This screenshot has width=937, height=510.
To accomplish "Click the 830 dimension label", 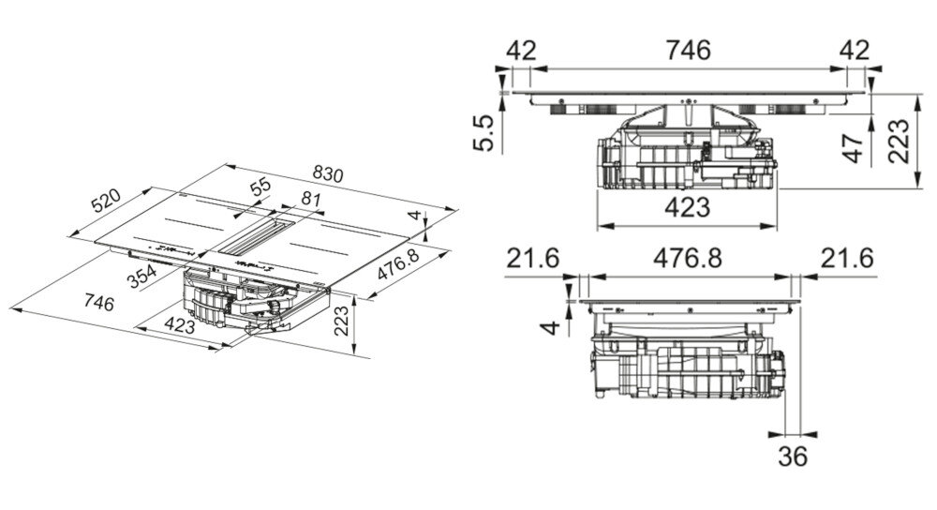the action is pyautogui.click(x=329, y=174).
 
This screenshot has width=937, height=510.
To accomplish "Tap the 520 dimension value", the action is pyautogui.click(x=106, y=201).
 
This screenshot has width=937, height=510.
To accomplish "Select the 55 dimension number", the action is pyautogui.click(x=260, y=187).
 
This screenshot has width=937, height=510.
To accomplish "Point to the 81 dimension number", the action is pyautogui.click(x=311, y=199).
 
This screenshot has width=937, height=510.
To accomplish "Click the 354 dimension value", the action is pyautogui.click(x=142, y=277).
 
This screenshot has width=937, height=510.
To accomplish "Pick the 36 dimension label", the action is pyautogui.click(x=793, y=457).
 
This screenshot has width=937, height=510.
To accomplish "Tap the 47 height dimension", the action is pyautogui.click(x=853, y=148).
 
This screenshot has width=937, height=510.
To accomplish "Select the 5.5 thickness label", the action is pyautogui.click(x=484, y=133).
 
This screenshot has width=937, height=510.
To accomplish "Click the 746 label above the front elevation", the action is pyautogui.click(x=689, y=51).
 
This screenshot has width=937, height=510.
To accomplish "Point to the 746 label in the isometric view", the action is pyautogui.click(x=99, y=303).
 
